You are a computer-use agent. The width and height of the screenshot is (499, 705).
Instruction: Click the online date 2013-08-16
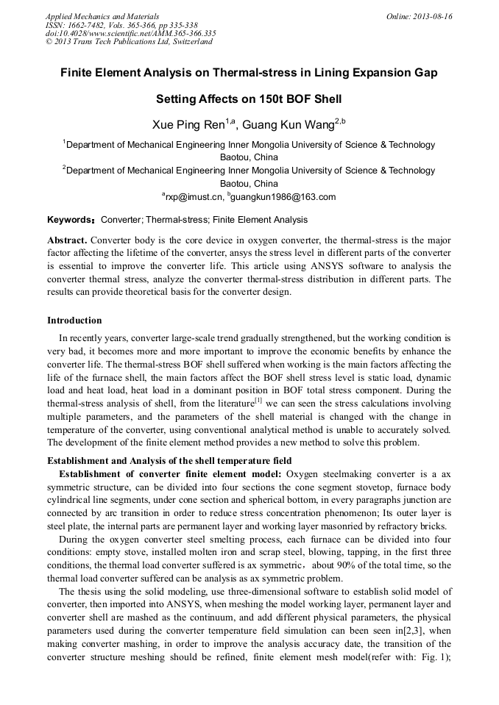tap(433, 16)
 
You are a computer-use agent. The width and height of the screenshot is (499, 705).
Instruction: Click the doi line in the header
tap(130, 33)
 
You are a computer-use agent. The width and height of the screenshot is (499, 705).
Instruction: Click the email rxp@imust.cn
tap(193, 197)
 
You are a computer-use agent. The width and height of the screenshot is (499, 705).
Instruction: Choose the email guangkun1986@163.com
tap(283, 197)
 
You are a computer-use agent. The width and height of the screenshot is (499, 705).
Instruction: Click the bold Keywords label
tap(70, 220)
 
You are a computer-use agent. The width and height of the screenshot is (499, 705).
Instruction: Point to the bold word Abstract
tap(67, 240)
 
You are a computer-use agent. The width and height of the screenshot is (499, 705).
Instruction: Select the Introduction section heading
tap(74, 321)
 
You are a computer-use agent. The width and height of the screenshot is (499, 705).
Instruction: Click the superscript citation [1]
tap(258, 401)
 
